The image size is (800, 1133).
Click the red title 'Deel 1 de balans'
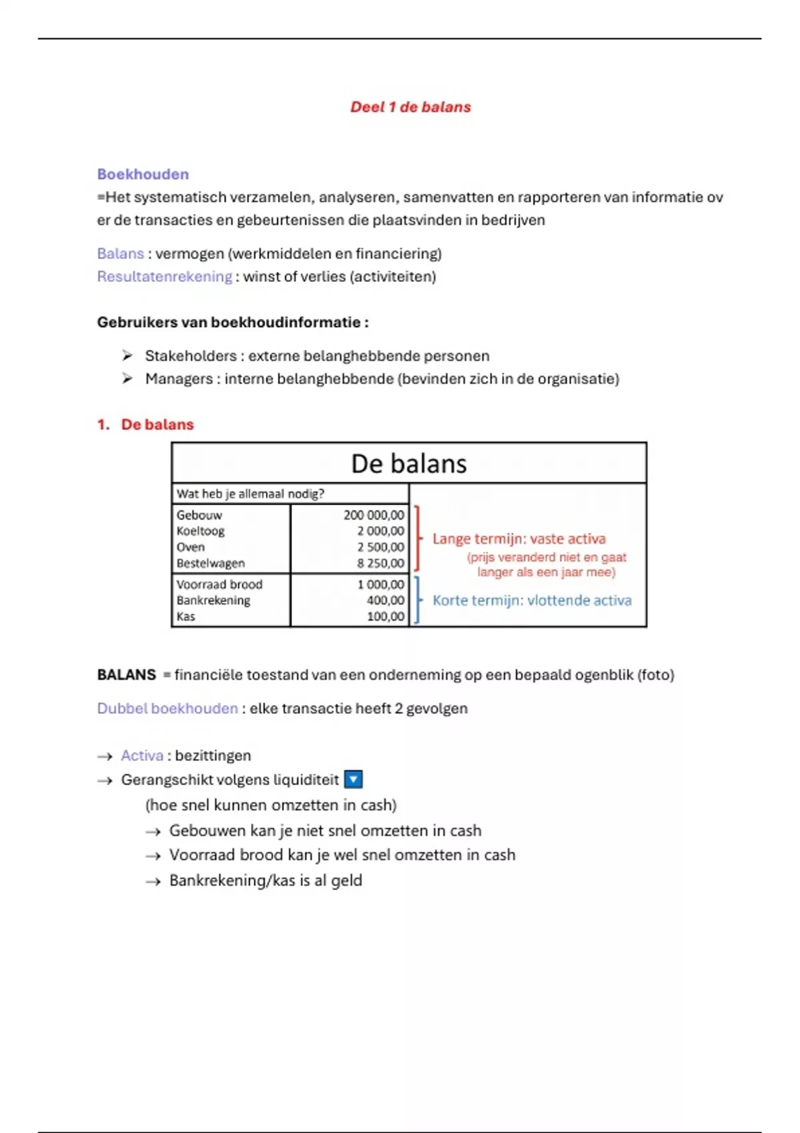coord(411,107)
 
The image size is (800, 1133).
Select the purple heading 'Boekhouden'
coord(143,175)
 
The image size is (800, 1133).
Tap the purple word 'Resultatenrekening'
coord(165,277)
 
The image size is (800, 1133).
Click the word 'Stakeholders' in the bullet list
coord(191,356)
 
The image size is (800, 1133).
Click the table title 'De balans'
coord(409,464)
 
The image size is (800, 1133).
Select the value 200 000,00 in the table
coord(373,515)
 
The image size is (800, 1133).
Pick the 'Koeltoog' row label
coord(200,531)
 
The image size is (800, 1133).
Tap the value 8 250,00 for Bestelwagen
coord(380,563)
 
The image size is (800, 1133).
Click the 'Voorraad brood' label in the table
coord(219,584)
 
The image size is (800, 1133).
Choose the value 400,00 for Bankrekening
coord(385,600)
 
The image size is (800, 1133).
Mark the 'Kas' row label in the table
coord(186,616)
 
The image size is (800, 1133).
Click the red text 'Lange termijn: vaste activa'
coord(519,539)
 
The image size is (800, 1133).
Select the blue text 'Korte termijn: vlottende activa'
coord(531,600)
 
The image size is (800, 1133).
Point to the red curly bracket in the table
coord(418,539)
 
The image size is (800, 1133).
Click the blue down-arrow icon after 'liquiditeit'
coord(353,779)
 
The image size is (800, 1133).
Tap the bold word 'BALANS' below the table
coord(127,675)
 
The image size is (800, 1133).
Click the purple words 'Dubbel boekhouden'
coord(167,708)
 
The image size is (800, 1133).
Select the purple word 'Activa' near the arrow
coord(142,756)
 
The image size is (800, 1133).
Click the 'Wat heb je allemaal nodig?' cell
coord(250,494)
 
